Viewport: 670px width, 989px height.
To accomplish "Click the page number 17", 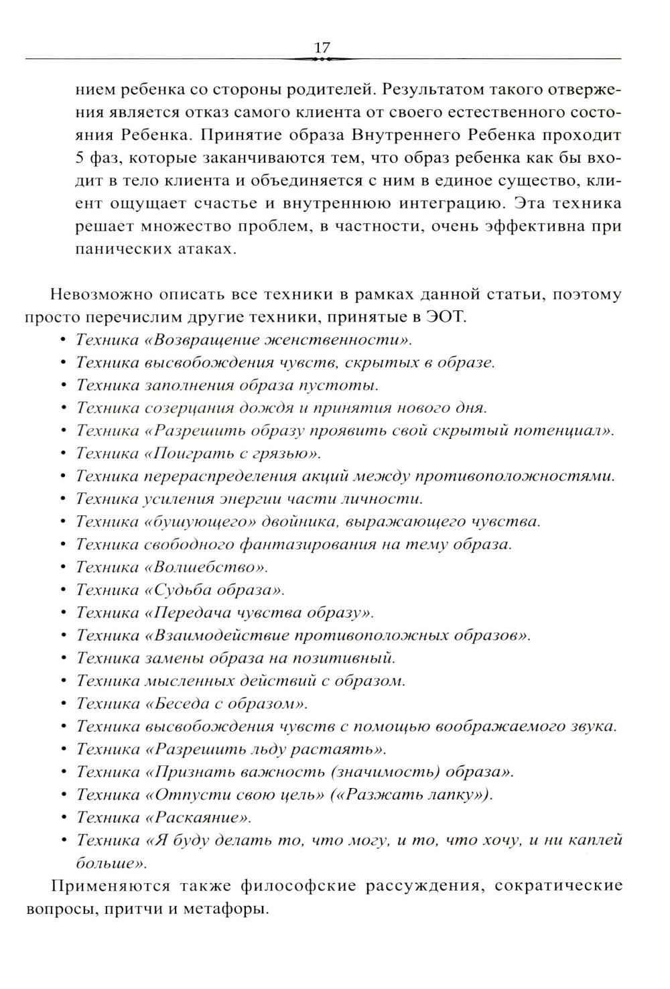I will point(322,48).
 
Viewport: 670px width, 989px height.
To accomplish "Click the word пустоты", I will point(339,385).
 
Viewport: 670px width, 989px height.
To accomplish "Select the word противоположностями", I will point(515,476).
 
